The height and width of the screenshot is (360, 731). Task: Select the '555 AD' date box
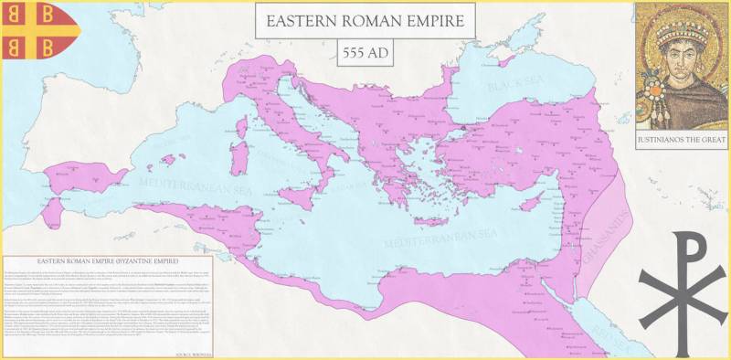(365, 52)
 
